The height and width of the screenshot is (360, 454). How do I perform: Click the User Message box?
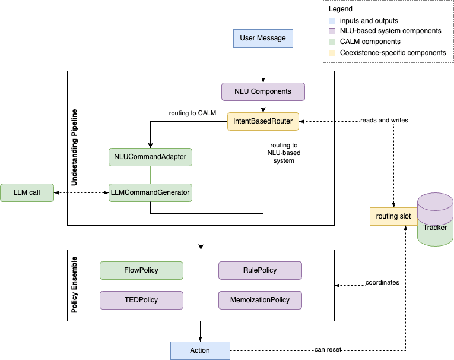(263, 38)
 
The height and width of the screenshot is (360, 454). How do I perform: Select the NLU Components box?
(263, 91)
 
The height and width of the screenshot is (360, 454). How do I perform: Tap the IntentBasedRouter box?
(263, 121)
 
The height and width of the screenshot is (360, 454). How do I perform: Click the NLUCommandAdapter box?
(150, 157)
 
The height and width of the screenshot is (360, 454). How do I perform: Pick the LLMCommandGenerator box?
(150, 192)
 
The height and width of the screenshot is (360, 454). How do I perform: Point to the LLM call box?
(27, 192)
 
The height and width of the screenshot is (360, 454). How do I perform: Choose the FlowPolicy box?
(141, 270)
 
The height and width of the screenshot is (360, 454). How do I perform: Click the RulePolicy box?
(260, 270)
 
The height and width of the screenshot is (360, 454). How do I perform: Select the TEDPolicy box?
(141, 300)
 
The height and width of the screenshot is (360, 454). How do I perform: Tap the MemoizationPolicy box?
(260, 300)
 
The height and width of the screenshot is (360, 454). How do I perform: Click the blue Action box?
(200, 350)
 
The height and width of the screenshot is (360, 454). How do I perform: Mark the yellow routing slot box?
(393, 216)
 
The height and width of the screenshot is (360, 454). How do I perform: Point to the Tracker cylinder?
(435, 219)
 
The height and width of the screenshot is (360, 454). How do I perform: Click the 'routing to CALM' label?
(192, 113)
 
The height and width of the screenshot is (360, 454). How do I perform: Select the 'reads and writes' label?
(384, 120)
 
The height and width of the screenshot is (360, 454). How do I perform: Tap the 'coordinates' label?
(382, 282)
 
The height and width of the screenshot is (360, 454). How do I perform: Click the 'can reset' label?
(328, 349)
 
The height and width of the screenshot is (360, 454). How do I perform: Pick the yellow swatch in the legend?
(332, 53)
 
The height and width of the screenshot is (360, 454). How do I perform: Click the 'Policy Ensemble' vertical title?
(74, 285)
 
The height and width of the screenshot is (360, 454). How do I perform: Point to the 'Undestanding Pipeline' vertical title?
(74, 147)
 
